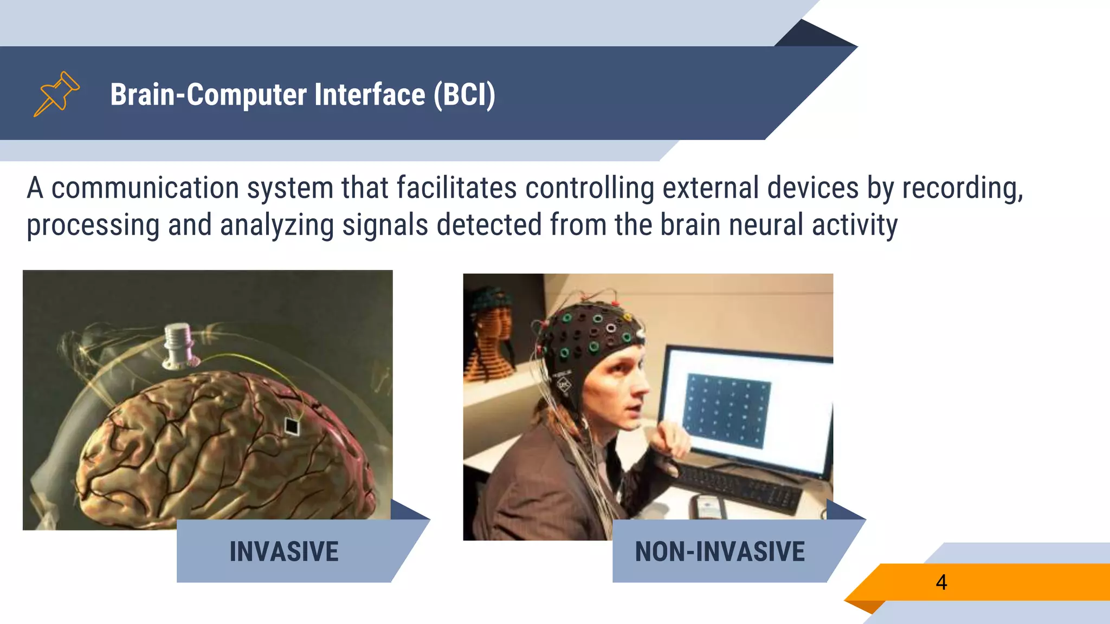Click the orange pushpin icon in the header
pos(56,94)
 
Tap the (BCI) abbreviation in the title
pos(464,95)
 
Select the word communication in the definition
pos(145,188)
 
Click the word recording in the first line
pos(961,188)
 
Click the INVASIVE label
pos(284,551)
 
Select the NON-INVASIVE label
pos(720,551)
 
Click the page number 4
pos(941,582)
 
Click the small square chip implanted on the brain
pos(292,426)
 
